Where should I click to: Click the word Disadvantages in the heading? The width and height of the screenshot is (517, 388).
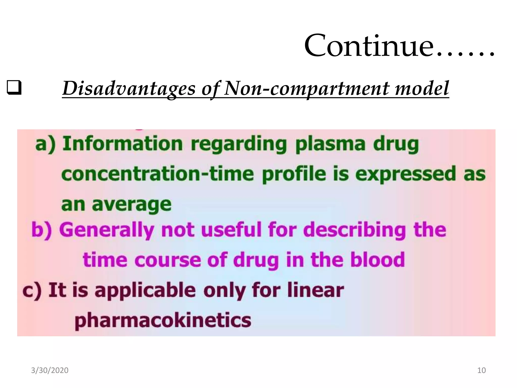[129, 89]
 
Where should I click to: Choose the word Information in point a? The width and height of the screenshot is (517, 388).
[122, 144]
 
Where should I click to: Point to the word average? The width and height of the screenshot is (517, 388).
[132, 205]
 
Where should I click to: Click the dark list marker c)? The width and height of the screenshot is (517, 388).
[32, 290]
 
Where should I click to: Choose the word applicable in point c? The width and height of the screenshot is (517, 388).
[145, 290]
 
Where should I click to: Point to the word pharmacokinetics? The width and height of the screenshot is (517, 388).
[163, 320]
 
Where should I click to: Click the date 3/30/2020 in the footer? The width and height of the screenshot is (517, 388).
[50, 370]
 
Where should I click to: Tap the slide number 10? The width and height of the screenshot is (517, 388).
[481, 370]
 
